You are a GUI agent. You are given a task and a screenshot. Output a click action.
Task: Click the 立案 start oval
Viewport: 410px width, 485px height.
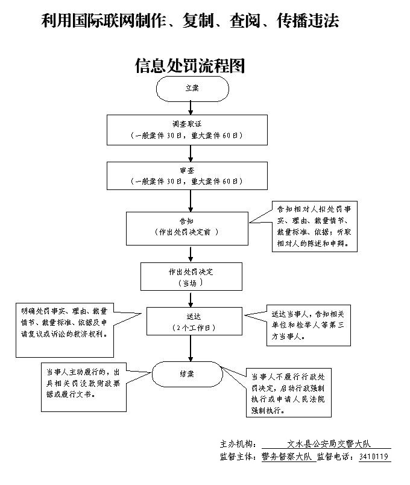point(192,88)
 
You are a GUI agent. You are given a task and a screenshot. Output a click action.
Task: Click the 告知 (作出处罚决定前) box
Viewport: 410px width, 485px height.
point(186,227)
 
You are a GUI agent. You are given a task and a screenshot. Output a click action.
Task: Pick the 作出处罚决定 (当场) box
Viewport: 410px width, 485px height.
point(191,276)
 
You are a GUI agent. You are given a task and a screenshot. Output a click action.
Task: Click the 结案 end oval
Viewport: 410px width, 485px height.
point(186,374)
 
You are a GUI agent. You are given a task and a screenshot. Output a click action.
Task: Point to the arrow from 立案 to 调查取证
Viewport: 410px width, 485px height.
point(191,107)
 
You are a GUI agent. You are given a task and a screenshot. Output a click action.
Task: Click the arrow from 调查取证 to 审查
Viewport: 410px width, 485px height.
point(191,153)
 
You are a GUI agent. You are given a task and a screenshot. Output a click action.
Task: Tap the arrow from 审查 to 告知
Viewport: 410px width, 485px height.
point(191,200)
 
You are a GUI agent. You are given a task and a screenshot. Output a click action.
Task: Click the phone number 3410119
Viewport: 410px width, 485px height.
point(374,457)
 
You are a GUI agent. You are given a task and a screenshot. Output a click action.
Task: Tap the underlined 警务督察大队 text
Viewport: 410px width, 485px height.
point(288,457)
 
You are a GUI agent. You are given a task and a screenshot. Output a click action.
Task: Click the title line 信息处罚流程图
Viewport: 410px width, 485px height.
point(190,66)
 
